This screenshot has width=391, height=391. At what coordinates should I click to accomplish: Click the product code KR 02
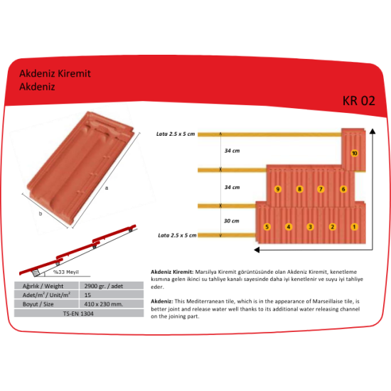click(x=358, y=101)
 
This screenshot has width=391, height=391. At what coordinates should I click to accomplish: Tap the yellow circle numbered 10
click(x=354, y=153)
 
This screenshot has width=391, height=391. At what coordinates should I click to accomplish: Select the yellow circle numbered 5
click(x=267, y=227)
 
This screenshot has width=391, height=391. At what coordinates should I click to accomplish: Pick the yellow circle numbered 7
click(x=321, y=189)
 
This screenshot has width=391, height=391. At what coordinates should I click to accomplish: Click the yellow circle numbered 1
click(x=354, y=227)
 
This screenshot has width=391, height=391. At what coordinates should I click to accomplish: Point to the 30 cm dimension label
click(x=232, y=221)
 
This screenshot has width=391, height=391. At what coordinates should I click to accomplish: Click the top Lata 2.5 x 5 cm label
click(x=176, y=134)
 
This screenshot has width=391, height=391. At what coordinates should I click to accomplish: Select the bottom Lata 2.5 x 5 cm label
click(x=177, y=235)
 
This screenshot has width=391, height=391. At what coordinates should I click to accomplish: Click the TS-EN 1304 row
click(x=79, y=314)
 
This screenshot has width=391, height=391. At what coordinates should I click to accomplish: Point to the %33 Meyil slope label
click(x=66, y=272)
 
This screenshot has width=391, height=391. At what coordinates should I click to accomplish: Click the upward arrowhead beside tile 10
click(x=373, y=132)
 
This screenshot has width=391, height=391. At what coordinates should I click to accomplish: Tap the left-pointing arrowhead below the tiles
click(x=257, y=250)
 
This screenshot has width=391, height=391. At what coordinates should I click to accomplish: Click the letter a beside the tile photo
click(x=107, y=188)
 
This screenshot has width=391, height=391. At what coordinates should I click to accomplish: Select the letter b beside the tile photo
click(x=41, y=213)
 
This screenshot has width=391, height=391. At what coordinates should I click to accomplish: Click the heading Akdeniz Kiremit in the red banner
click(x=55, y=73)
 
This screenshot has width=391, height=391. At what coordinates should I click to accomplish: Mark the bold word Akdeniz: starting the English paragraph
click(x=162, y=301)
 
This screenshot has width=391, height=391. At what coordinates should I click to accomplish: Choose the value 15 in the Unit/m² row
click(x=87, y=295)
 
